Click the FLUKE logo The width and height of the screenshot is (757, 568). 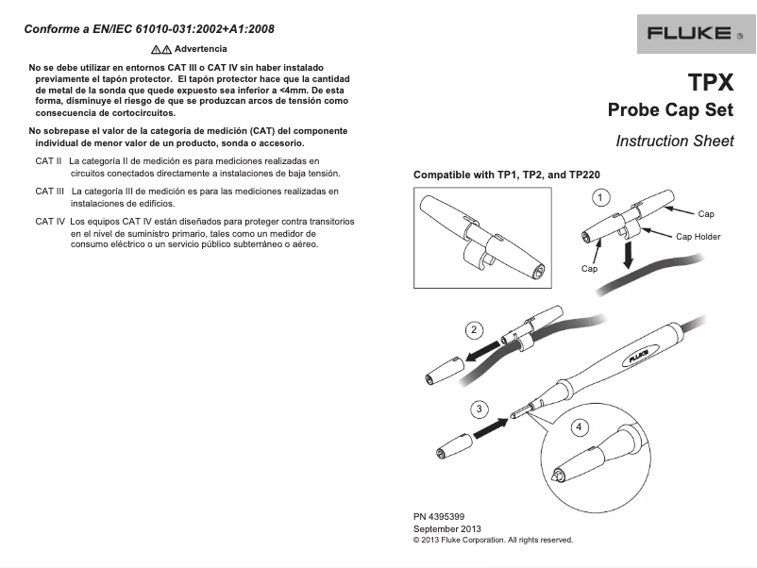pyautogui.click(x=689, y=34)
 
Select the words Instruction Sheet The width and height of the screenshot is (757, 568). pyautogui.click(x=674, y=141)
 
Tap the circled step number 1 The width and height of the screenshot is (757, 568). pyautogui.click(x=599, y=197)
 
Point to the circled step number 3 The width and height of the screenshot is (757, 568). pyautogui.click(x=480, y=409)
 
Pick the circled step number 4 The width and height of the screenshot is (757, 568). pyautogui.click(x=579, y=426)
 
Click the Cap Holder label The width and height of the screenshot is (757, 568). pyautogui.click(x=698, y=236)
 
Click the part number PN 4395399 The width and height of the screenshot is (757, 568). pyautogui.click(x=439, y=517)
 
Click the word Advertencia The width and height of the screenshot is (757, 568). pyautogui.click(x=200, y=48)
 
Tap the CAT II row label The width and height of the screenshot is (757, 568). pyautogui.click(x=48, y=162)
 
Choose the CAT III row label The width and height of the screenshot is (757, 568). pyautogui.click(x=50, y=192)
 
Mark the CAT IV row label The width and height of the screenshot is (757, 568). pyautogui.click(x=50, y=222)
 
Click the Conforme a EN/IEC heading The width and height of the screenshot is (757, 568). pyautogui.click(x=149, y=28)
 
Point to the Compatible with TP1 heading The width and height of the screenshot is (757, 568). pyautogui.click(x=507, y=175)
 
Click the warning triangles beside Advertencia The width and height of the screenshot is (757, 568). pyautogui.click(x=160, y=48)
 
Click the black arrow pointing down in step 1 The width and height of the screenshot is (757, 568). pyautogui.click(x=629, y=254)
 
